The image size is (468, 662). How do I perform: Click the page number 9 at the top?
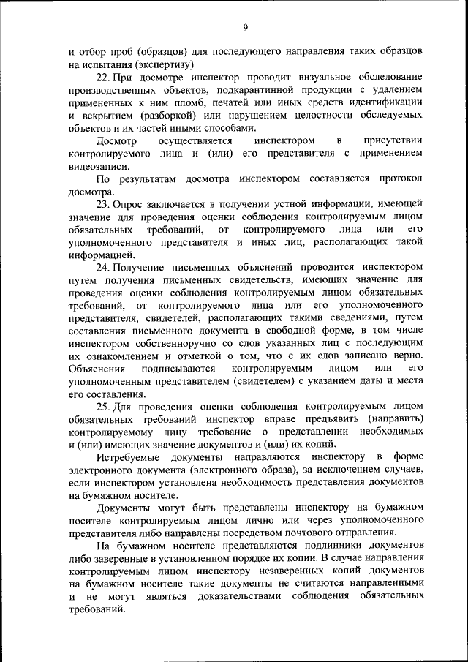pos(246,27)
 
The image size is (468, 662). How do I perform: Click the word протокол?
pos(401,178)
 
